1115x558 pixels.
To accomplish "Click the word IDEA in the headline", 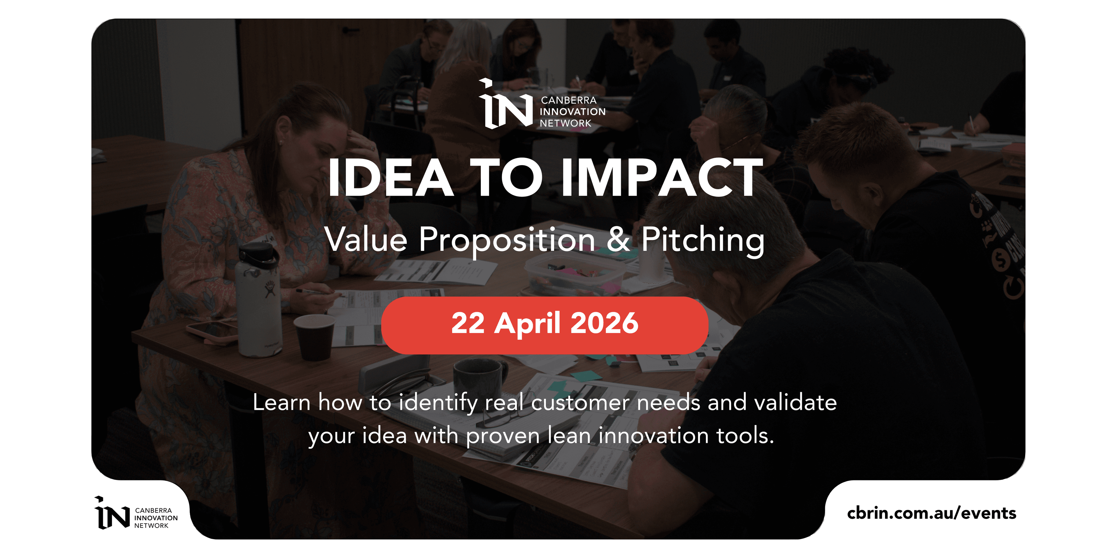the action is coord(391,177).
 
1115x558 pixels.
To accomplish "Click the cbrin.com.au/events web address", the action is coord(931,513).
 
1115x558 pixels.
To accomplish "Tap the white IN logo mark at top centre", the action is coord(505,104).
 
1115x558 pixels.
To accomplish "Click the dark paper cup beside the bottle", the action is coord(315,337).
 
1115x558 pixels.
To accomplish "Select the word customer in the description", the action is coord(580,403).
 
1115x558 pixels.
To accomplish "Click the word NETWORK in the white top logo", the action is coord(565,124).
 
